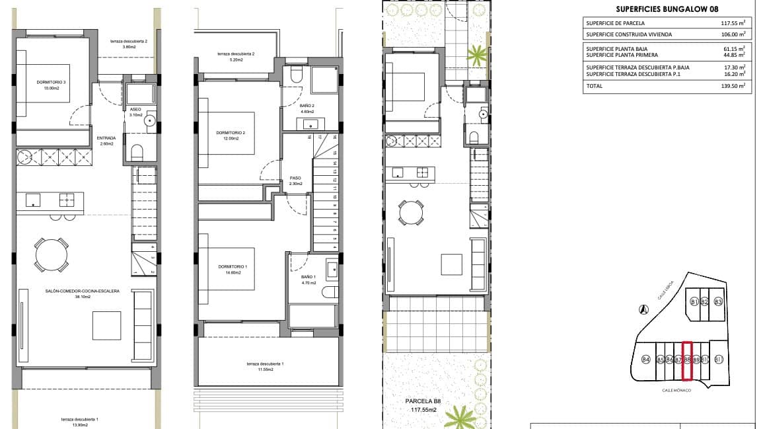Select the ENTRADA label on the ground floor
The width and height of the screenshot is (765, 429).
106,140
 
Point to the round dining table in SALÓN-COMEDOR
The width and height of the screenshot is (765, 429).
51,254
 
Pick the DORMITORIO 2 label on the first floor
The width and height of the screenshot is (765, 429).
231,136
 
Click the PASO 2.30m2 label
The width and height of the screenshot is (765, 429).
295,180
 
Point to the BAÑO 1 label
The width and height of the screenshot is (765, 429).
309,280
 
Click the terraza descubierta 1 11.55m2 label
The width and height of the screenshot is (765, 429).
265,367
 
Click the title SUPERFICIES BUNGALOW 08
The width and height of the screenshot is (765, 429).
667,9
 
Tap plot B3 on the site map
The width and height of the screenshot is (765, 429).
718,302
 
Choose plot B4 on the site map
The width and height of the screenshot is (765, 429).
645,360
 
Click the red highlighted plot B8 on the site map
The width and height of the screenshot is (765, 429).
687,361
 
